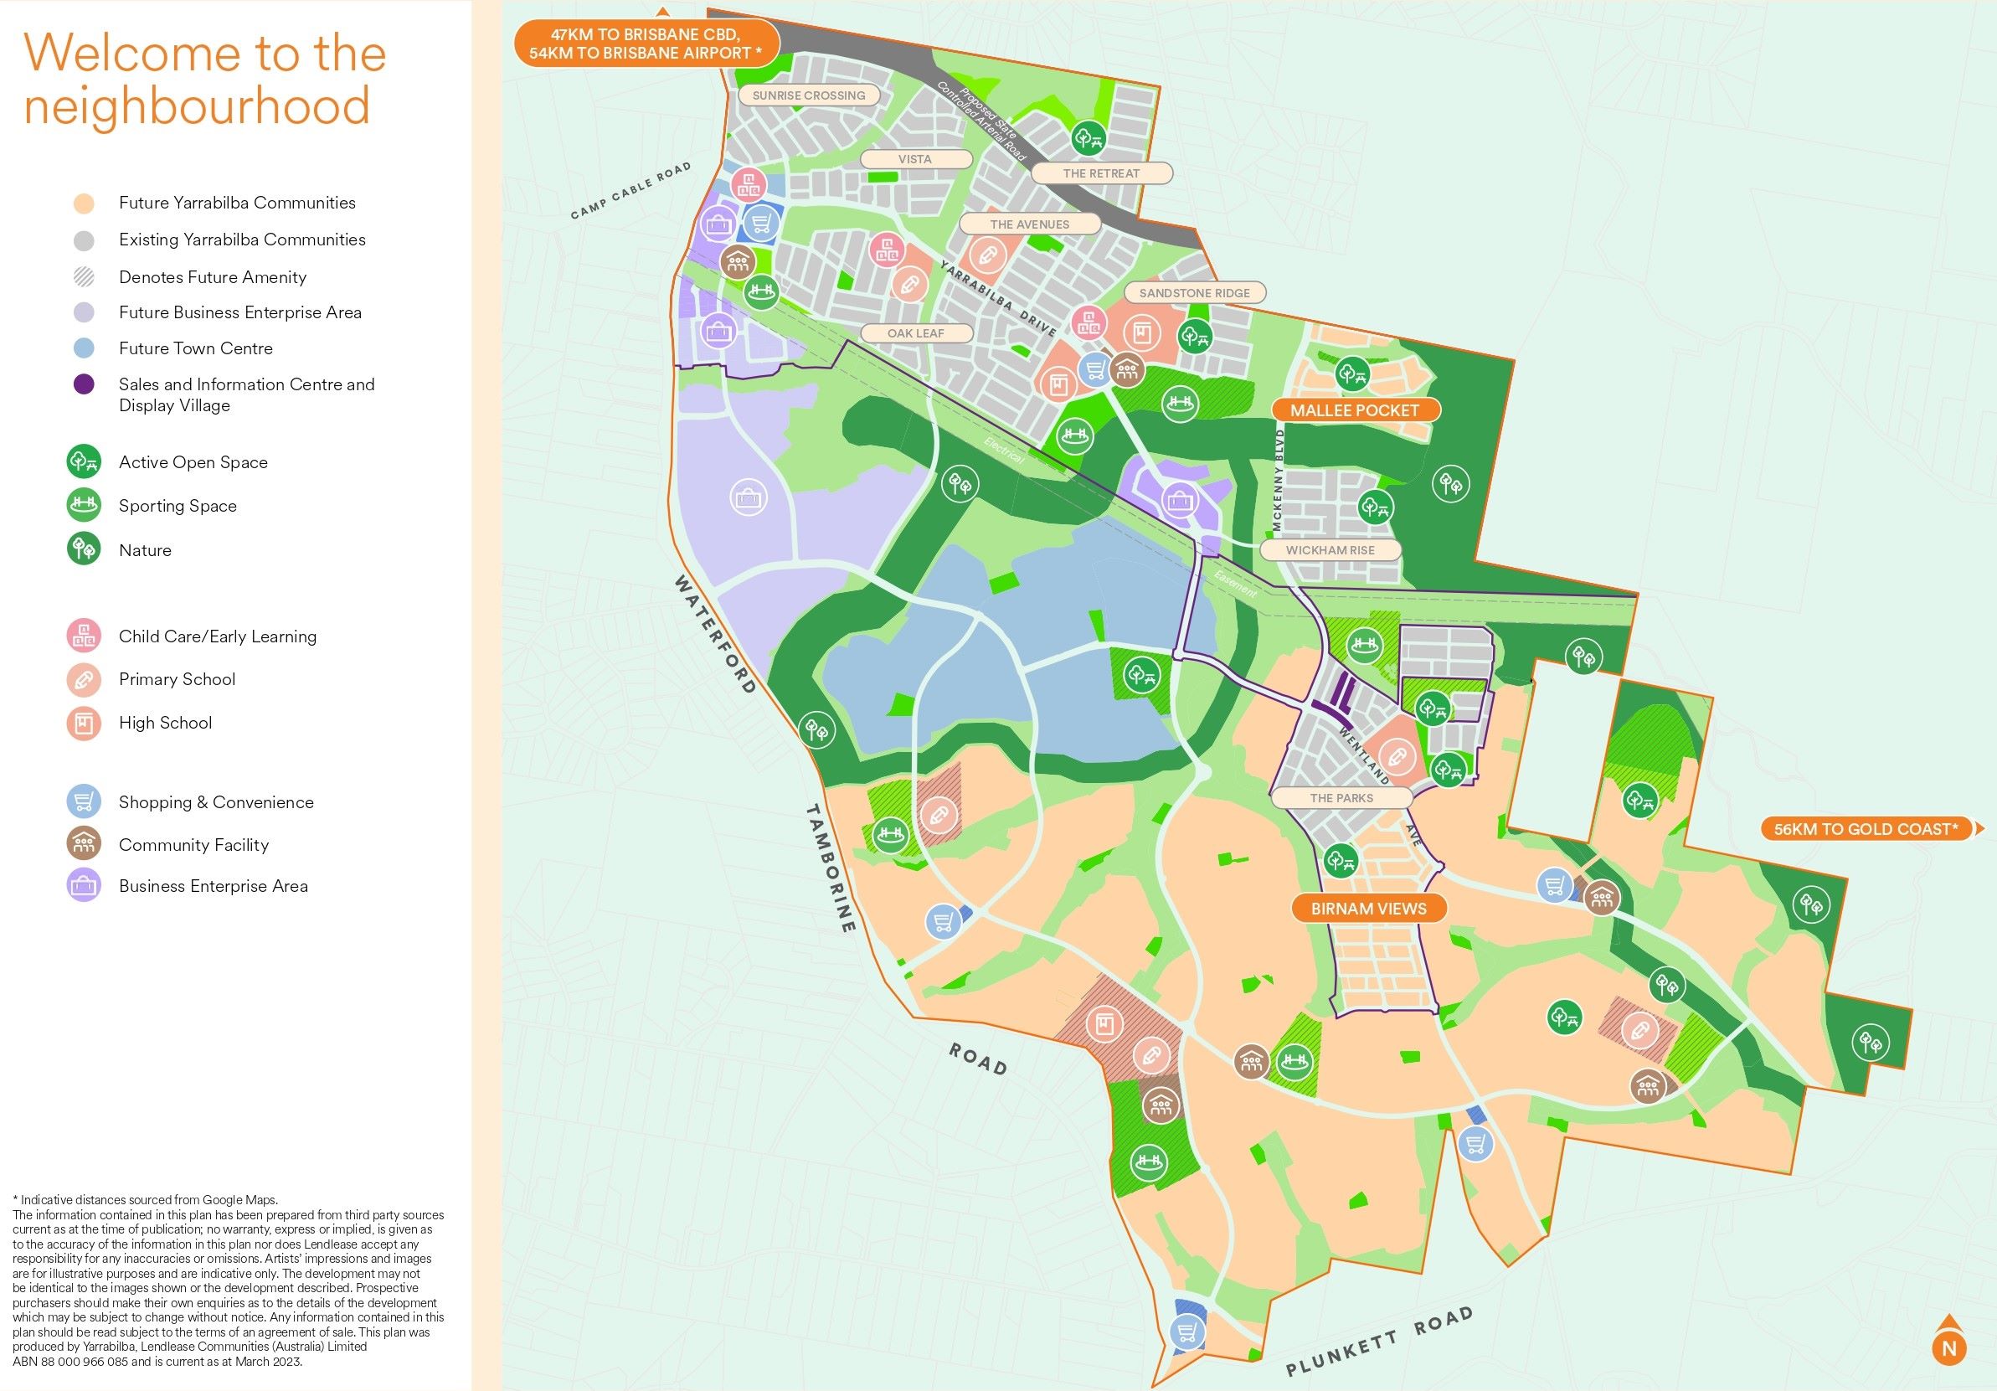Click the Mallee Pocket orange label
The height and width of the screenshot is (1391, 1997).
click(1354, 410)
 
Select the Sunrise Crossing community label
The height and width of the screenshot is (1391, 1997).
click(808, 95)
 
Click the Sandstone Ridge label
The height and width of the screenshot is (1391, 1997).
click(1194, 293)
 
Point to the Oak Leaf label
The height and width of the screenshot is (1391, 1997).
click(915, 333)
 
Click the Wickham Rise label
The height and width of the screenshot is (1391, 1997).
click(1330, 551)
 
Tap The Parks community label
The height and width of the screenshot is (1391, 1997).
click(1341, 799)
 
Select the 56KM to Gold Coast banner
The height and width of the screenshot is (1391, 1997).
click(1866, 829)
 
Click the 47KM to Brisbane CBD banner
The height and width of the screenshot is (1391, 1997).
click(646, 44)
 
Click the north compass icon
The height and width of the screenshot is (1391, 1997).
click(1949, 1347)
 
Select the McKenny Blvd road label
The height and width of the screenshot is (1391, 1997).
click(1278, 480)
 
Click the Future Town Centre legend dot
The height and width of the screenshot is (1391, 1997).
click(85, 349)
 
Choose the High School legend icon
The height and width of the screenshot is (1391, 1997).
click(85, 723)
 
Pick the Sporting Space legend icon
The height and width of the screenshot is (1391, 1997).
click(85, 506)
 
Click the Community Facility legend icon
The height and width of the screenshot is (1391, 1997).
click(85, 844)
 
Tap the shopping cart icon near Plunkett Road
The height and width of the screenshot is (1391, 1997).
click(1186, 1331)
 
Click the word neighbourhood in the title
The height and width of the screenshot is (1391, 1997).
click(197, 106)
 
